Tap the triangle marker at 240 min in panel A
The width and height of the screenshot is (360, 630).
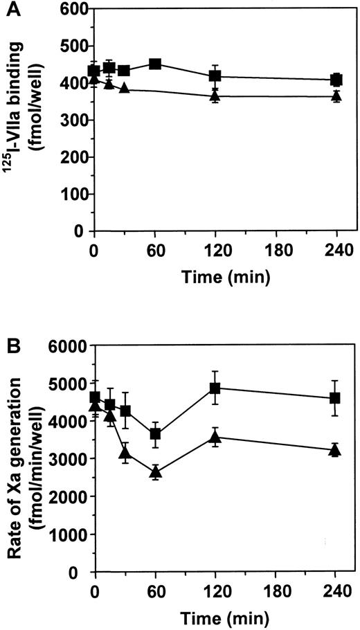click(336, 96)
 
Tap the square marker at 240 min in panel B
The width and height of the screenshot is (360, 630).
click(336, 397)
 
